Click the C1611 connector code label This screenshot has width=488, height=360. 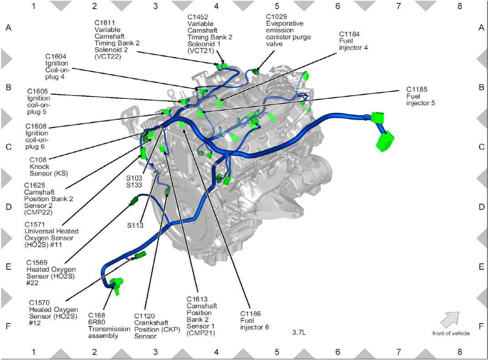(105, 23)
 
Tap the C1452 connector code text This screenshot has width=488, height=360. (198, 17)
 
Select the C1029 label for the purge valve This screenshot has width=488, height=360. (277, 16)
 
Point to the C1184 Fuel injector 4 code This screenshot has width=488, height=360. (349, 34)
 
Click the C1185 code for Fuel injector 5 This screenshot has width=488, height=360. (417, 89)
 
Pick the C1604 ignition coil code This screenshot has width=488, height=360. (56, 56)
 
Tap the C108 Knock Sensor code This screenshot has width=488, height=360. (38, 160)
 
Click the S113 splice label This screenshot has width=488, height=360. (135, 225)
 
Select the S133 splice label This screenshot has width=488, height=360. (134, 185)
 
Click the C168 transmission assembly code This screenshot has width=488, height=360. (96, 316)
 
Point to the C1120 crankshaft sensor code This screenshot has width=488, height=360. (144, 316)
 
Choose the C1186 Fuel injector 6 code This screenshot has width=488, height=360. (250, 314)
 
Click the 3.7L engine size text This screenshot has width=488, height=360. (299, 332)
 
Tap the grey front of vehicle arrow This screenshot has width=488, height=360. (450, 319)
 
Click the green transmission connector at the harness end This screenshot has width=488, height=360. (116, 286)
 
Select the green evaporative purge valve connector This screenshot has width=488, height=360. (255, 72)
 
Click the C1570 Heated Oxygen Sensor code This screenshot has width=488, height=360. (40, 303)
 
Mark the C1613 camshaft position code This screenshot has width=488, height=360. (197, 299)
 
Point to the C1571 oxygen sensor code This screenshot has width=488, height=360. (35, 224)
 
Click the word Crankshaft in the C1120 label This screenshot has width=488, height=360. (151, 323)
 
